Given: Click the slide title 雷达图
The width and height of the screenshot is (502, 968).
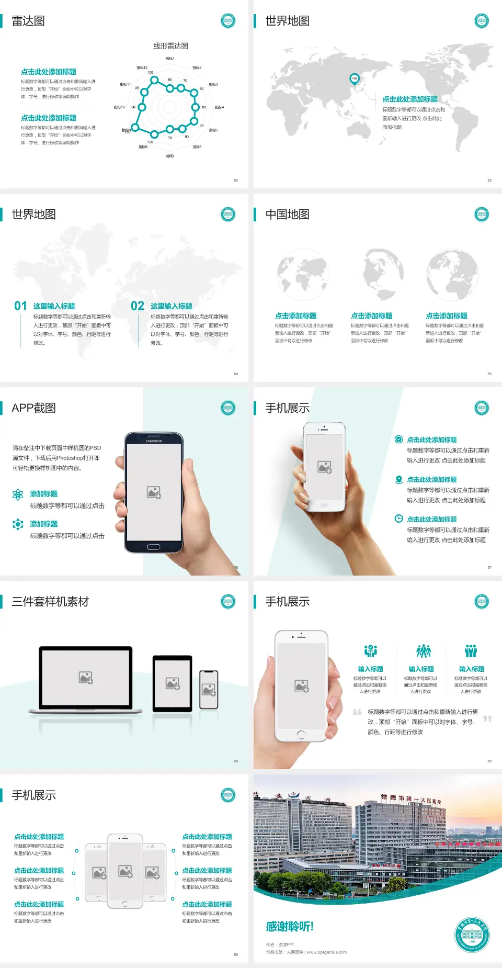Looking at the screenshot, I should coord(28,21).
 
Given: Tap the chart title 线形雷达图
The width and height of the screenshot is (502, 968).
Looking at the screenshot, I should coord(170,46).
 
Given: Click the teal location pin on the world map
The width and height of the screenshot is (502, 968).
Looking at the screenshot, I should coord(354,79).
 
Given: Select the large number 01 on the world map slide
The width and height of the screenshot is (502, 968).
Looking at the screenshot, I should coord(20,306).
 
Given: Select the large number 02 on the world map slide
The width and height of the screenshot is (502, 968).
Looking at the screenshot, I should coord(138,306).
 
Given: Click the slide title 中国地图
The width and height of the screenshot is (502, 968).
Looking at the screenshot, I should coord(287,215).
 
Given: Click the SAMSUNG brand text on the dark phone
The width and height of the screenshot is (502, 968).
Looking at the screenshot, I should coord(154,441).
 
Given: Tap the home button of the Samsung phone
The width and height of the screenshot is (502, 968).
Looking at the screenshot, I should coord(153,547).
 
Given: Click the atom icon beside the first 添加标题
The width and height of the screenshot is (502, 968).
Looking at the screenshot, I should coord(18,494).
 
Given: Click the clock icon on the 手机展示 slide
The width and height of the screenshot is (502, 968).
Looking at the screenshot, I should coord(398,519).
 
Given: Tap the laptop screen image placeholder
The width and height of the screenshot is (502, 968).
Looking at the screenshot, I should coord(86,678).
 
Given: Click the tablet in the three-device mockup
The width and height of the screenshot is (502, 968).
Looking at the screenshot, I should coord(173,683).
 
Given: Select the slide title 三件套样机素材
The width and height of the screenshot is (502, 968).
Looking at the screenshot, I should coord(50,602).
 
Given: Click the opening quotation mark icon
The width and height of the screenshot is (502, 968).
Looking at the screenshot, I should coord(357,712).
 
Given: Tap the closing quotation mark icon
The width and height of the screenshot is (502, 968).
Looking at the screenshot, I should coord(487,719).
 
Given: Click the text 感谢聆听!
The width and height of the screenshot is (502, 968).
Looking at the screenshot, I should coord(290,927).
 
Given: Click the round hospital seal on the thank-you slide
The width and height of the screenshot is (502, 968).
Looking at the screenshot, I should coord(472,935).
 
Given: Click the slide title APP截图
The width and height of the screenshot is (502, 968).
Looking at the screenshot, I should coord(33,408).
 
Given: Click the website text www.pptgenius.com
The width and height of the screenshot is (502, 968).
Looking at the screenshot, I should coord(327,952).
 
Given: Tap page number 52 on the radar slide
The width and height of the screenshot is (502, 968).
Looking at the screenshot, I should coord(236,180).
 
